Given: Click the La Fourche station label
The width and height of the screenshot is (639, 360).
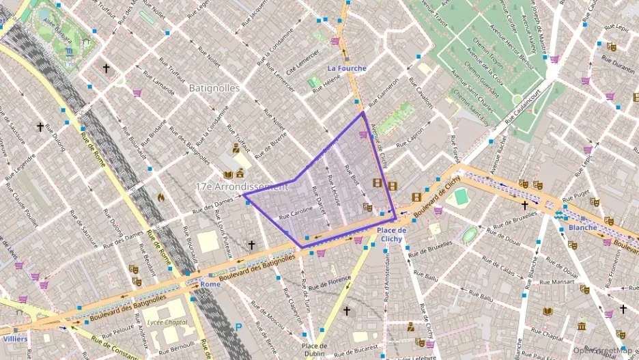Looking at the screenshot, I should [347, 68].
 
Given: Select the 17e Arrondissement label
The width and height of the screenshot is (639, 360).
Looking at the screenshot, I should [239, 186].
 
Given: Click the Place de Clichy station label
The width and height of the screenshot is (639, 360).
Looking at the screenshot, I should [392, 234].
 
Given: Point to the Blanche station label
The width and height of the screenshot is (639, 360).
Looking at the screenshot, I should [582, 227].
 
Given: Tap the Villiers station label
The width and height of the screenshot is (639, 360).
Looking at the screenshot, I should [15, 338].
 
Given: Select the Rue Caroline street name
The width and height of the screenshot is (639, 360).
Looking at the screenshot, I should [296, 213].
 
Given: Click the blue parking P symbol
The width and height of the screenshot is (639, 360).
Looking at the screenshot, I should [238, 327].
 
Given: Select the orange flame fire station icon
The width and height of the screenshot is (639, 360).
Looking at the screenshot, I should [161, 197].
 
